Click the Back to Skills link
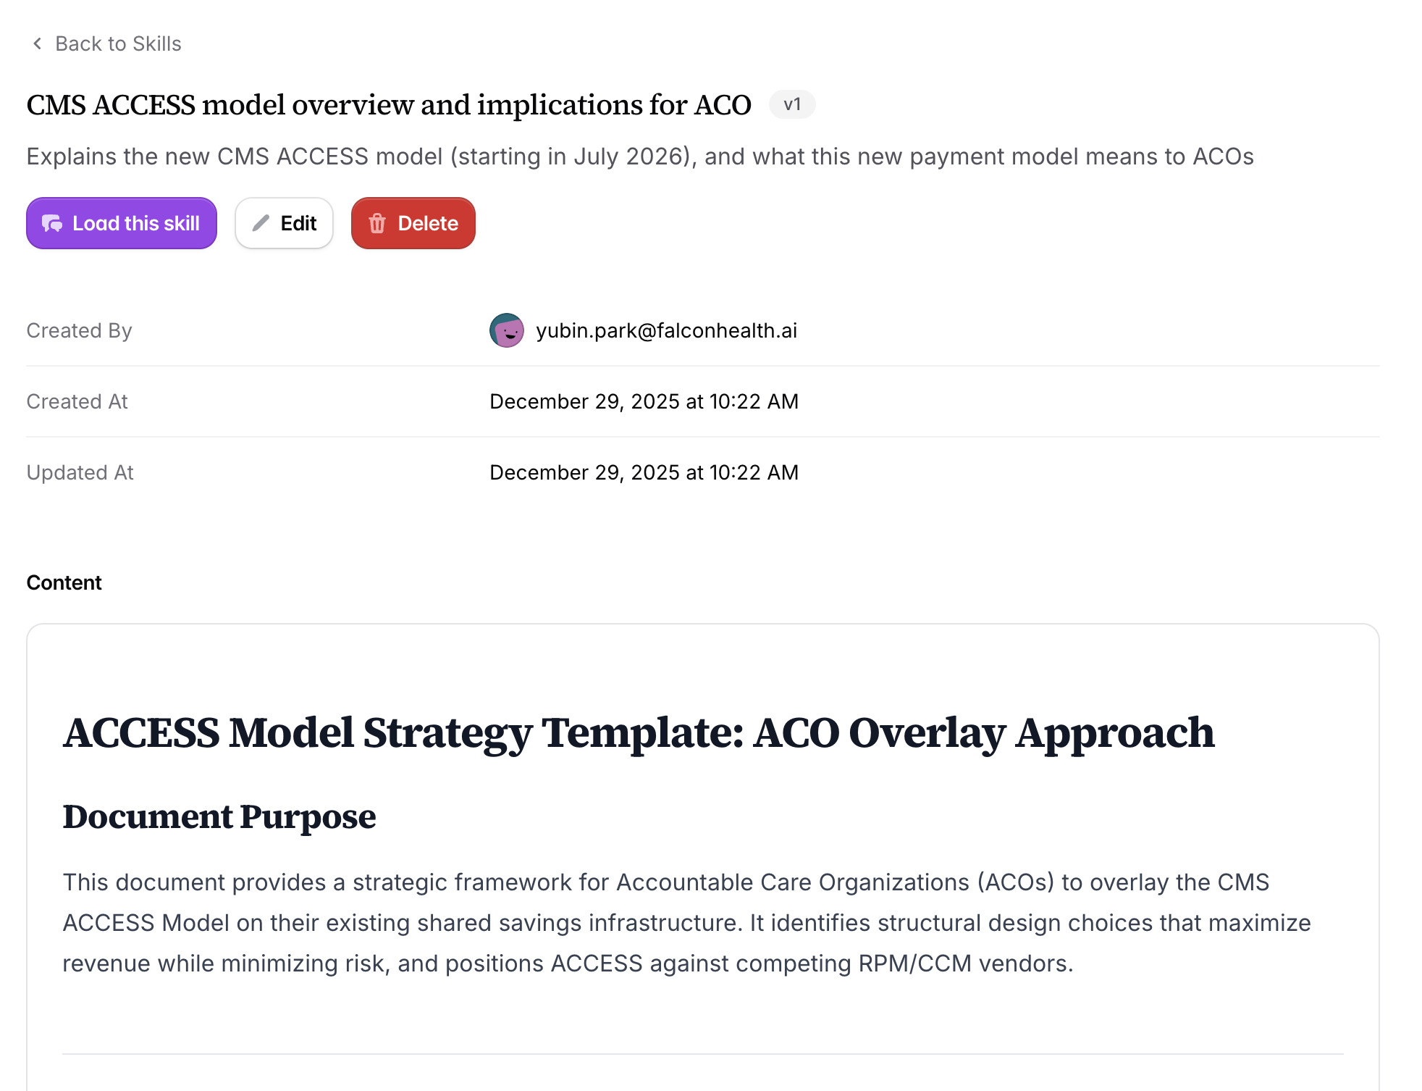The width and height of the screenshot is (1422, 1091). [x=106, y=43]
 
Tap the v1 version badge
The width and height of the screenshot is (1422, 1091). [x=792, y=104]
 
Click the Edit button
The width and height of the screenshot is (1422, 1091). [x=284, y=223]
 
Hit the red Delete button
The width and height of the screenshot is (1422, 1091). [x=413, y=223]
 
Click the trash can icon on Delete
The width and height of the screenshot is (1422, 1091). [x=377, y=223]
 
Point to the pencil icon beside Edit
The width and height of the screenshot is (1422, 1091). [x=261, y=223]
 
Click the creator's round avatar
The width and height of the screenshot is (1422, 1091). [x=507, y=330]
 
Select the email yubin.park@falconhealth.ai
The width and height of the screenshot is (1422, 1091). [x=666, y=330]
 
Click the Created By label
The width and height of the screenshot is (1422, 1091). [x=79, y=330]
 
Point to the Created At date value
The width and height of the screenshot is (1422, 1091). [x=644, y=401]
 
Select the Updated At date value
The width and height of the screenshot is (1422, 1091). [x=644, y=472]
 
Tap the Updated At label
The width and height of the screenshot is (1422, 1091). [x=80, y=472]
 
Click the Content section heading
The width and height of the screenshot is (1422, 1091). [x=64, y=582]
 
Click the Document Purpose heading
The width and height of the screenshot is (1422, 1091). [x=219, y=816]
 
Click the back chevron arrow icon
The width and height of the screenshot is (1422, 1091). [x=38, y=43]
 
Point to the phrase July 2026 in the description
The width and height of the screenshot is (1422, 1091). [x=631, y=156]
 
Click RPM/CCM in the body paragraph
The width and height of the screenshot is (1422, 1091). [x=914, y=963]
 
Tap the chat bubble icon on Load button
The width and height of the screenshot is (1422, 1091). [x=52, y=223]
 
